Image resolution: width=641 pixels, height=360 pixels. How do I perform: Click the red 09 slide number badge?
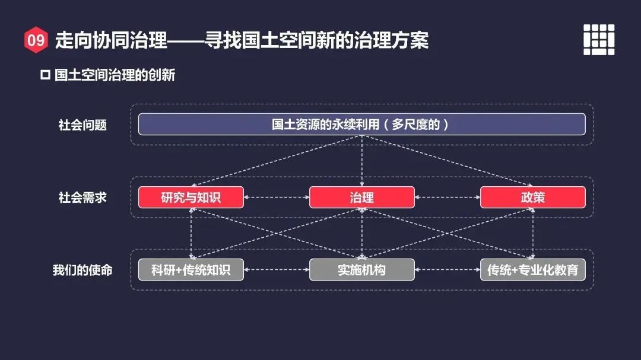tap(36, 40)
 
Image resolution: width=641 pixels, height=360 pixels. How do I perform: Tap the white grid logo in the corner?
tap(598, 40)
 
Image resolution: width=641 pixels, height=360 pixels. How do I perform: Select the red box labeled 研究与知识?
tap(191, 197)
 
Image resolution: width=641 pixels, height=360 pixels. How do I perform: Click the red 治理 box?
tap(361, 197)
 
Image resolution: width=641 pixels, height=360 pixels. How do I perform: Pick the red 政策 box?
tap(532, 197)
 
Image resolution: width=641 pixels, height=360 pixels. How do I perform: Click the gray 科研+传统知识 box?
tap(191, 270)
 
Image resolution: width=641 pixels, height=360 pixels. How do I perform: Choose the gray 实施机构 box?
tap(361, 270)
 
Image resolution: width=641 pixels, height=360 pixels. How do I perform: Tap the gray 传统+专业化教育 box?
tap(532, 270)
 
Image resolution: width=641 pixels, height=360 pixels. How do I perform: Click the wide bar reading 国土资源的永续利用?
tap(361, 125)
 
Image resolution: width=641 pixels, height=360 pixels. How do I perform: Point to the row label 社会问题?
tap(82, 125)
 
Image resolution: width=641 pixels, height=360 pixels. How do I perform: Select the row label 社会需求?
tap(82, 197)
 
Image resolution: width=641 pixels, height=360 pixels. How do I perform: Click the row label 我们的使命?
tap(82, 270)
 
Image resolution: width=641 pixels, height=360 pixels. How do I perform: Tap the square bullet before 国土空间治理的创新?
tap(45, 75)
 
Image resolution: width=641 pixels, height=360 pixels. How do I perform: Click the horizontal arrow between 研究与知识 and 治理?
tap(276, 197)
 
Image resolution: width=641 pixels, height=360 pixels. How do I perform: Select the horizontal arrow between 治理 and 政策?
tap(447, 197)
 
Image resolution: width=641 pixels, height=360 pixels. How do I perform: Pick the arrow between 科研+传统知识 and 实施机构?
tap(276, 270)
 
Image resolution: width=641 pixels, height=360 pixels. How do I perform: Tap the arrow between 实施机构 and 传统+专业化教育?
tap(447, 270)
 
